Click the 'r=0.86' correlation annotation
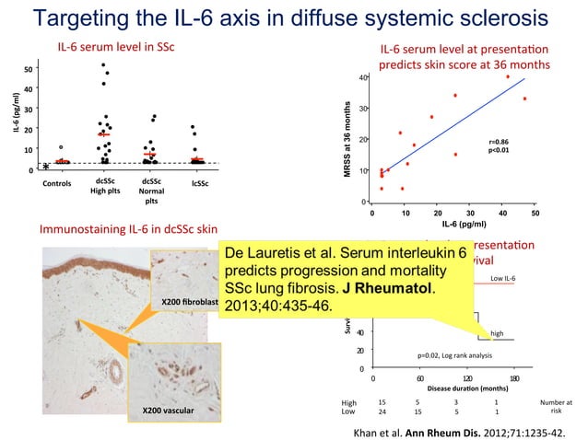pos(499,141)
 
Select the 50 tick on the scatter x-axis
pos(535,213)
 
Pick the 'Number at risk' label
pos(556,407)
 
